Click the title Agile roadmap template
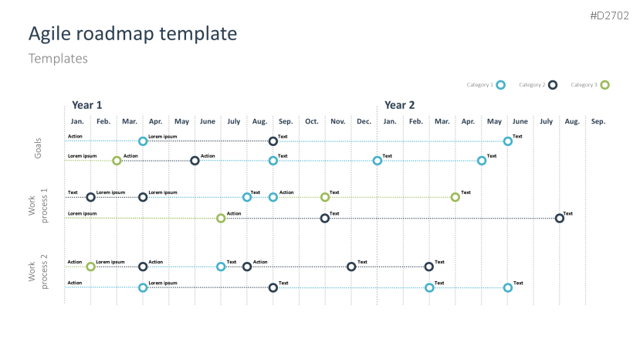pyautogui.click(x=132, y=33)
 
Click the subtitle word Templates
pyautogui.click(x=58, y=59)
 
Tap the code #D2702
pyautogui.click(x=611, y=15)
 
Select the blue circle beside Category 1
pyautogui.click(x=500, y=85)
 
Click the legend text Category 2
pyautogui.click(x=532, y=85)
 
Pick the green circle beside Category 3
pyautogui.click(x=604, y=85)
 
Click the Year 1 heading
pyautogui.click(x=86, y=105)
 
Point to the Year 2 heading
pyautogui.click(x=399, y=105)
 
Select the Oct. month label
pyautogui.click(x=311, y=121)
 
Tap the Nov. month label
pyautogui.click(x=337, y=121)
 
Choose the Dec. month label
pyautogui.click(x=364, y=121)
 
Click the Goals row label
pyautogui.click(x=38, y=150)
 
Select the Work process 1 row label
pyautogui.click(x=38, y=205)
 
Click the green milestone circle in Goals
pyautogui.click(x=117, y=161)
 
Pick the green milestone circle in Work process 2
pyautogui.click(x=90, y=267)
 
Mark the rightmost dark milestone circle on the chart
pyautogui.click(x=560, y=219)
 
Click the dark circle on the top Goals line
pyautogui.click(x=273, y=141)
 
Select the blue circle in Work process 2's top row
pyautogui.click(x=221, y=267)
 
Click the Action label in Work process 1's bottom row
pyautogui.click(x=234, y=213)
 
